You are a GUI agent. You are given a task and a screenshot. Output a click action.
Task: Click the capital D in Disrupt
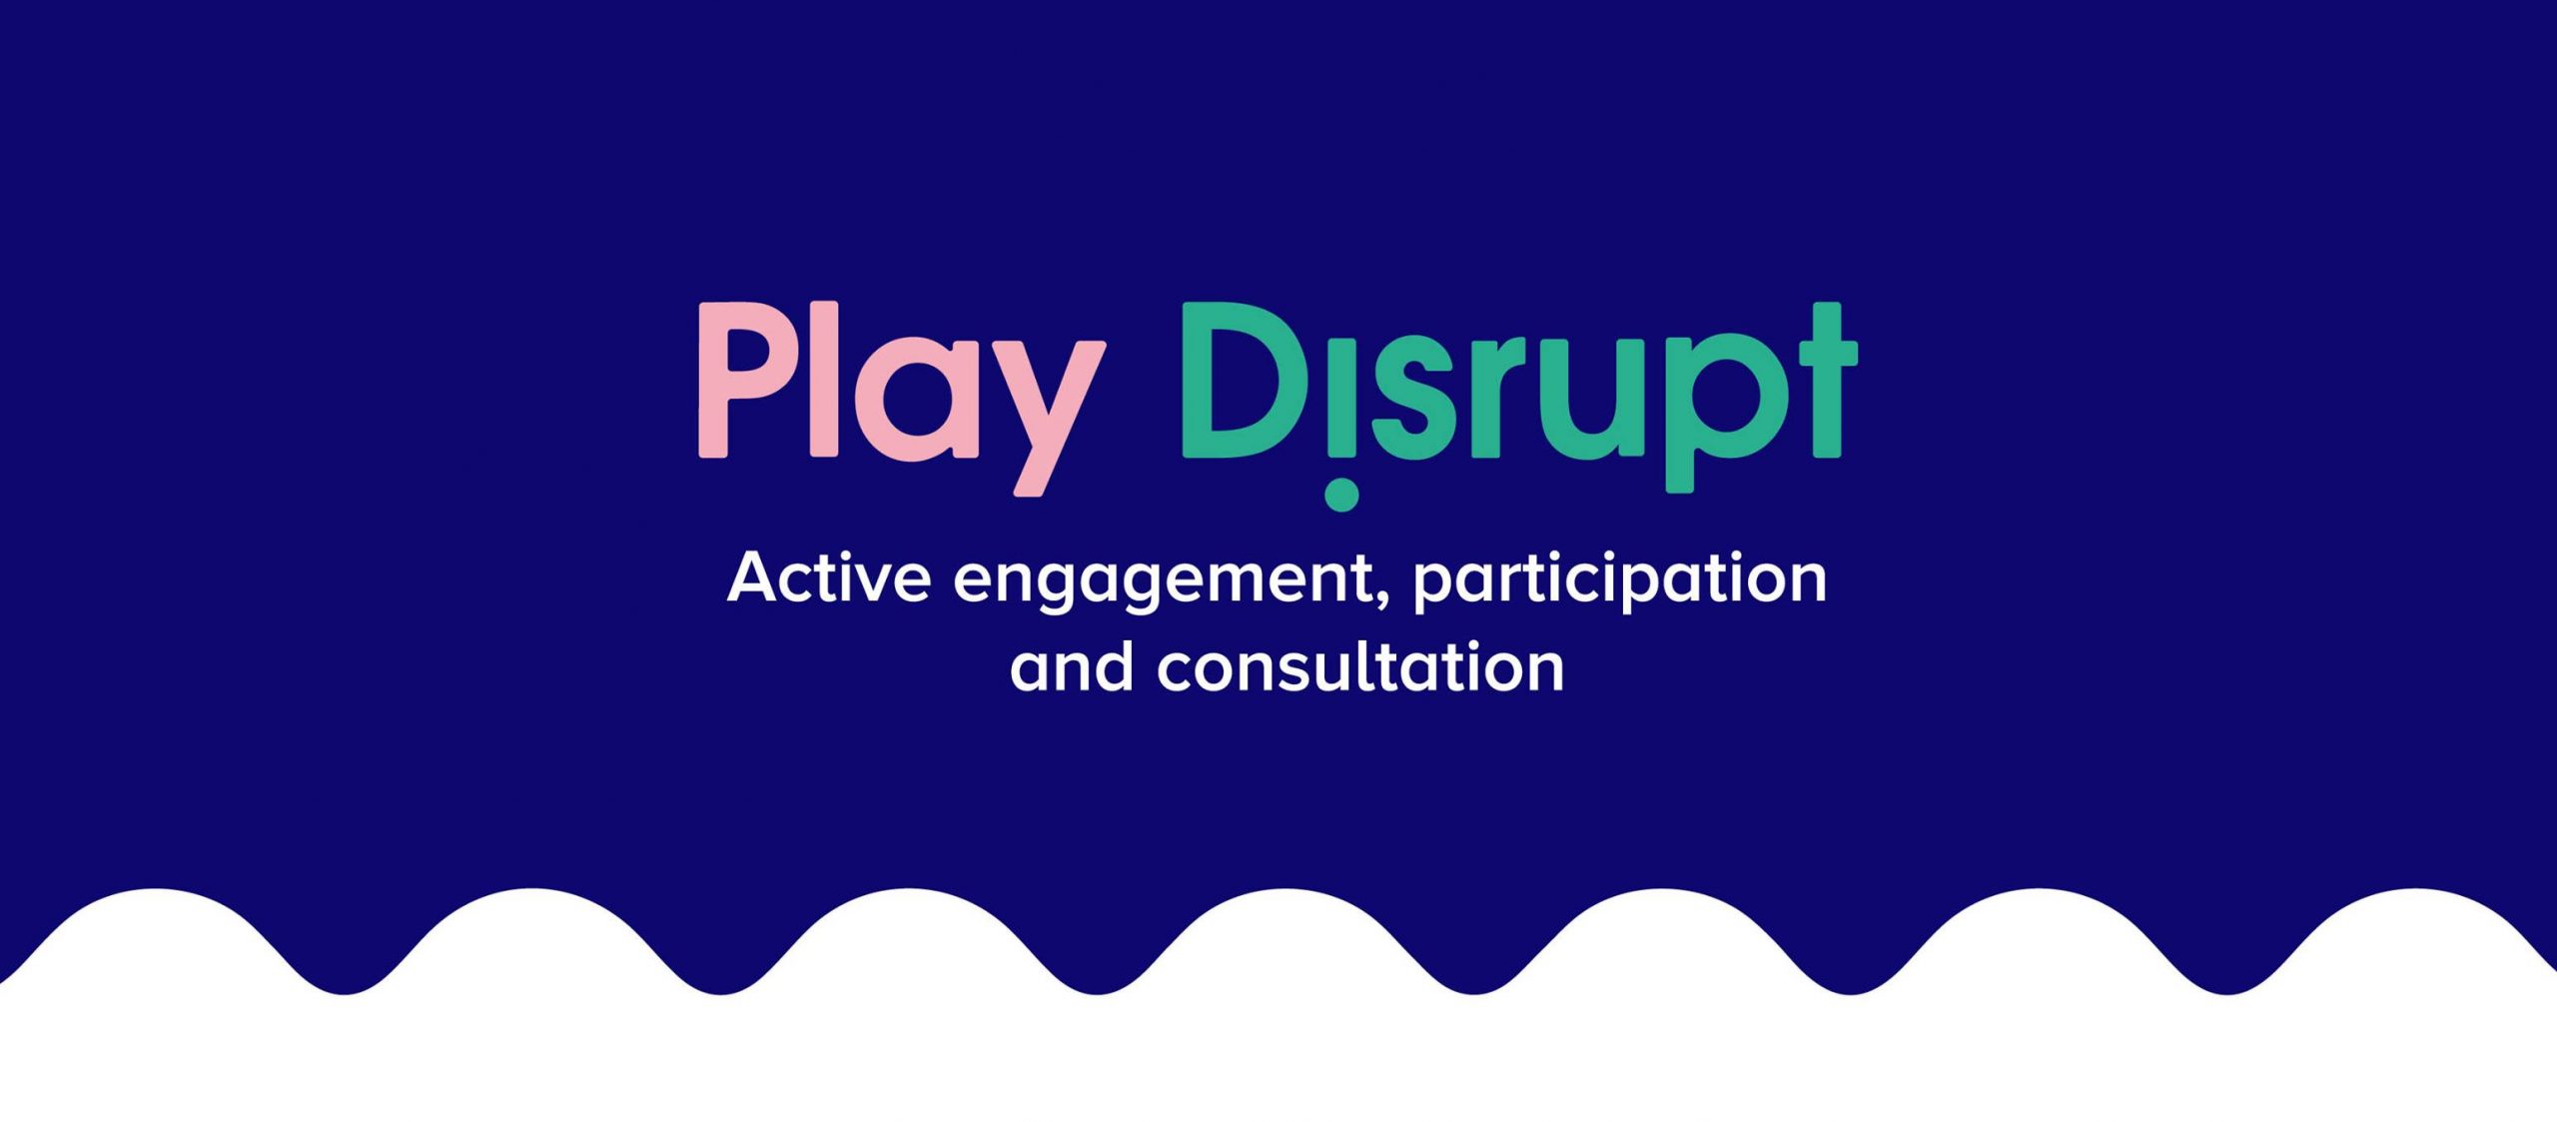tap(1239, 381)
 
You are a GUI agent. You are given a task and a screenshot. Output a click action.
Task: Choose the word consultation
tap(1359, 667)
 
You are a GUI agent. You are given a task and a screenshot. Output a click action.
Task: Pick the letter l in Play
tap(824, 380)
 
